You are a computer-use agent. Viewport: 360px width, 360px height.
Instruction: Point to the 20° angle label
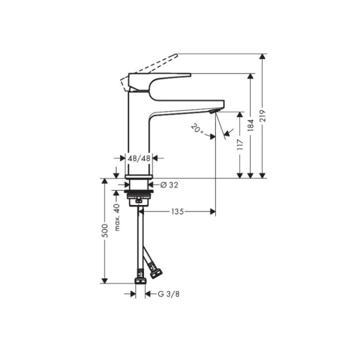pyautogui.click(x=197, y=129)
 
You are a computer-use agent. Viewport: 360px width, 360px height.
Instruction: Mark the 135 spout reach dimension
pyautogui.click(x=176, y=211)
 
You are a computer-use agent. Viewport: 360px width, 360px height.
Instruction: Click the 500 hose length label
pyautogui.click(x=104, y=230)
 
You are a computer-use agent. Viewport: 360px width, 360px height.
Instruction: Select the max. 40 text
pyautogui.click(x=117, y=217)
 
